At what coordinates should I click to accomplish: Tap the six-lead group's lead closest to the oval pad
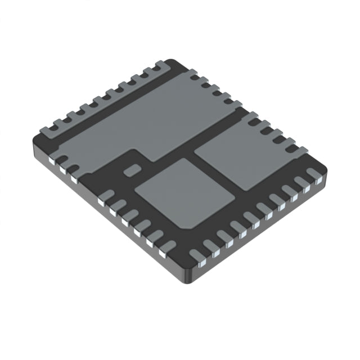104,199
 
